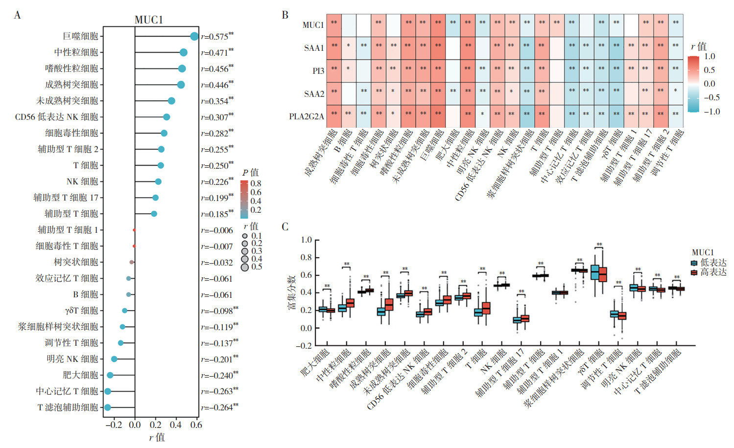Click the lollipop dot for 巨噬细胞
[x=194, y=36]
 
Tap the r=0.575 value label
[x=217, y=37]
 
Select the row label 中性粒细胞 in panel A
[x=76, y=52]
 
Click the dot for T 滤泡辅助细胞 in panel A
[x=108, y=407]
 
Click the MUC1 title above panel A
[x=148, y=20]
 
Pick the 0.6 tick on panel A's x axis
[x=196, y=425]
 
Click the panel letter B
[x=285, y=15]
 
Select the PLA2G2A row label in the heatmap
[x=307, y=116]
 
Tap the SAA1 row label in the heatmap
[x=314, y=48]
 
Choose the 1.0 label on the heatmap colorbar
[x=710, y=57]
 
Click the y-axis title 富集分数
[x=291, y=292]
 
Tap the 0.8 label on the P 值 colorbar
[x=256, y=184]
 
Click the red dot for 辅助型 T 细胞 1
[x=134, y=230]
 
